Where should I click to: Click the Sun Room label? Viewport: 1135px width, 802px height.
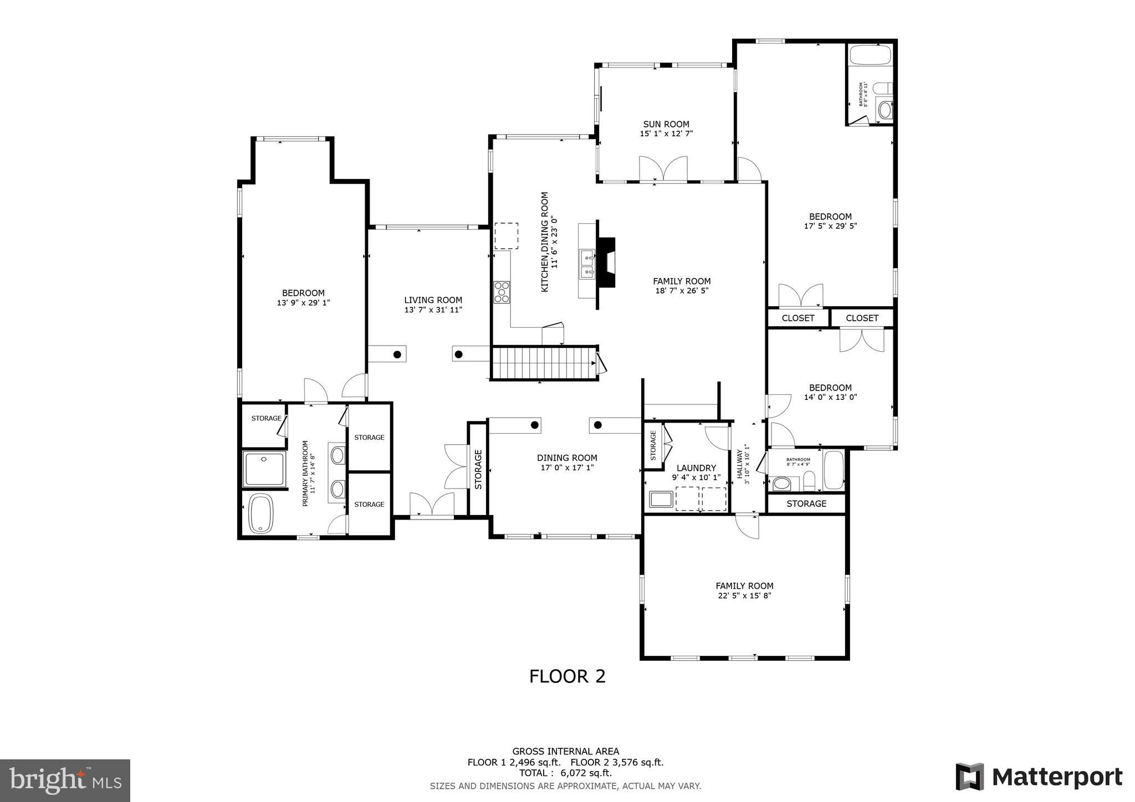[666, 125]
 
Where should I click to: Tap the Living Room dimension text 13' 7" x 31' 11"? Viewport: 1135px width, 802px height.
[433, 310]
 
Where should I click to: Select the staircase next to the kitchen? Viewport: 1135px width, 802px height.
[544, 363]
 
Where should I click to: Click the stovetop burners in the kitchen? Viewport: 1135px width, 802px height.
[502, 292]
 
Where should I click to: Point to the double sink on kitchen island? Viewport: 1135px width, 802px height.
[587, 264]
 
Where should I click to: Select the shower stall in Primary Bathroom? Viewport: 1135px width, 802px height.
[264, 469]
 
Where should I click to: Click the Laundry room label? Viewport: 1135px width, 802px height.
[696, 468]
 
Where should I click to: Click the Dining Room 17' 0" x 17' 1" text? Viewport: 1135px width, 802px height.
[567, 467]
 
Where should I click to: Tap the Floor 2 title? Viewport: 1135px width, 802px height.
[567, 676]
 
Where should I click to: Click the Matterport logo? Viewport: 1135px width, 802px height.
[1039, 777]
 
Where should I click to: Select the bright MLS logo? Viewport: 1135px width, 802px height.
[65, 780]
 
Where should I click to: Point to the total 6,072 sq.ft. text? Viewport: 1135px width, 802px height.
[565, 773]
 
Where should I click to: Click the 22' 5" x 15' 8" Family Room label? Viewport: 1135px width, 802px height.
[744, 596]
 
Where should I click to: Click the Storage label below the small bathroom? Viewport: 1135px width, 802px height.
[806, 503]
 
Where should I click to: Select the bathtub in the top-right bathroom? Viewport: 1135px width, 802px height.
[870, 55]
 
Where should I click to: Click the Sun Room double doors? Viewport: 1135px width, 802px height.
[663, 169]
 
